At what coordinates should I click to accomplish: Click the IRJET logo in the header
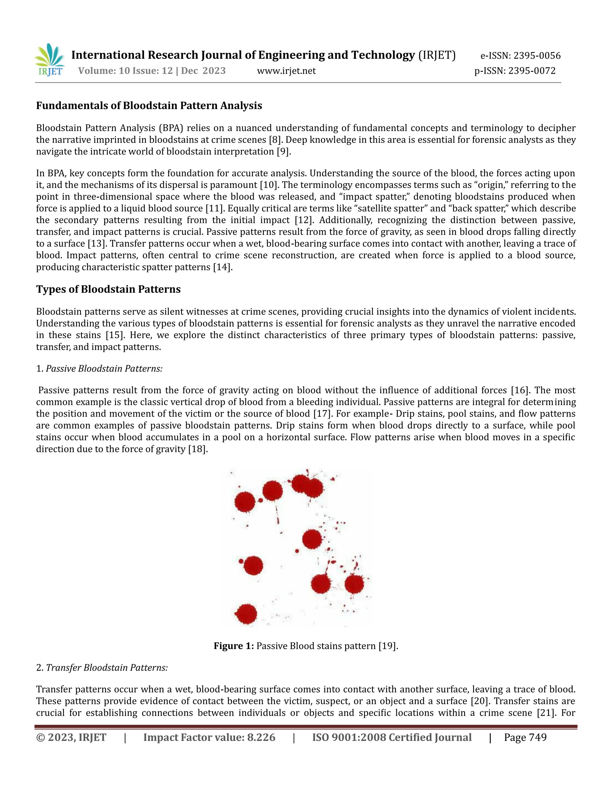[50, 60]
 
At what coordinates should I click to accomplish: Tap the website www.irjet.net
[286, 71]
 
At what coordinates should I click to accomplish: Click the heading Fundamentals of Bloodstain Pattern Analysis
[149, 106]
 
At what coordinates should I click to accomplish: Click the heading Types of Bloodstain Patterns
[108, 289]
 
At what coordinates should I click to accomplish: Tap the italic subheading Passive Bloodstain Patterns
[104, 369]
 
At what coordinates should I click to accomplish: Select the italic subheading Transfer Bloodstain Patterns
[107, 668]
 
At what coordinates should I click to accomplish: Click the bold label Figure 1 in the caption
[233, 646]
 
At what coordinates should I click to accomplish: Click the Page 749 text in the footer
[525, 738]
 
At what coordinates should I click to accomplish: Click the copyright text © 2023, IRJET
[71, 738]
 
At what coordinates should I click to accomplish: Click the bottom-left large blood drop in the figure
[247, 614]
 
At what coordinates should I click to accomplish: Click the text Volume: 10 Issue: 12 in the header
[126, 71]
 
